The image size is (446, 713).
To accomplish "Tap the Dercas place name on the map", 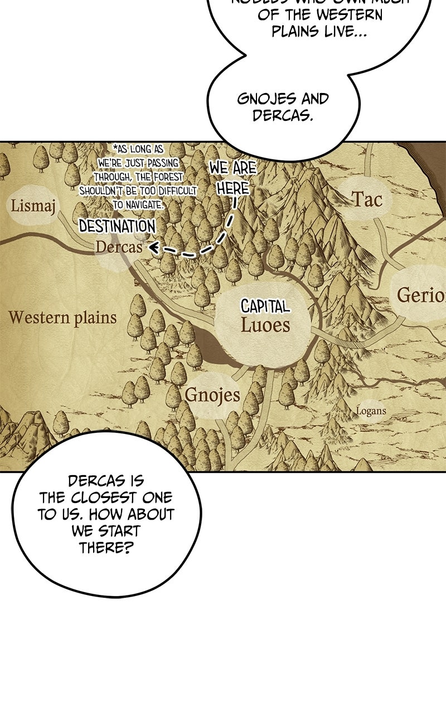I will (x=119, y=247).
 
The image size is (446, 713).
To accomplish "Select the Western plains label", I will (x=62, y=318).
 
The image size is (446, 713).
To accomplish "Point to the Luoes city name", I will (x=265, y=325).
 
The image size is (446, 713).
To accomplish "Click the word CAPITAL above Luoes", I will (x=265, y=306).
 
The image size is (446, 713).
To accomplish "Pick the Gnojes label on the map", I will (x=212, y=395).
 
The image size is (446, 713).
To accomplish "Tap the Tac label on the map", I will (x=366, y=199).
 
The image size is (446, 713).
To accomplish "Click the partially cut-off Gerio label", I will (x=421, y=295).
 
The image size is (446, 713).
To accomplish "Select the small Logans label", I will (x=371, y=412).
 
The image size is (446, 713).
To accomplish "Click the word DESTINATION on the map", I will (x=117, y=227).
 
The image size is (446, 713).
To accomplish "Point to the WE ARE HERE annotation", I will (x=233, y=178).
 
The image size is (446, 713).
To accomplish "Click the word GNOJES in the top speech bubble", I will (x=266, y=99).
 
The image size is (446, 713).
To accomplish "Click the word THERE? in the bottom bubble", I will (x=106, y=548).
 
